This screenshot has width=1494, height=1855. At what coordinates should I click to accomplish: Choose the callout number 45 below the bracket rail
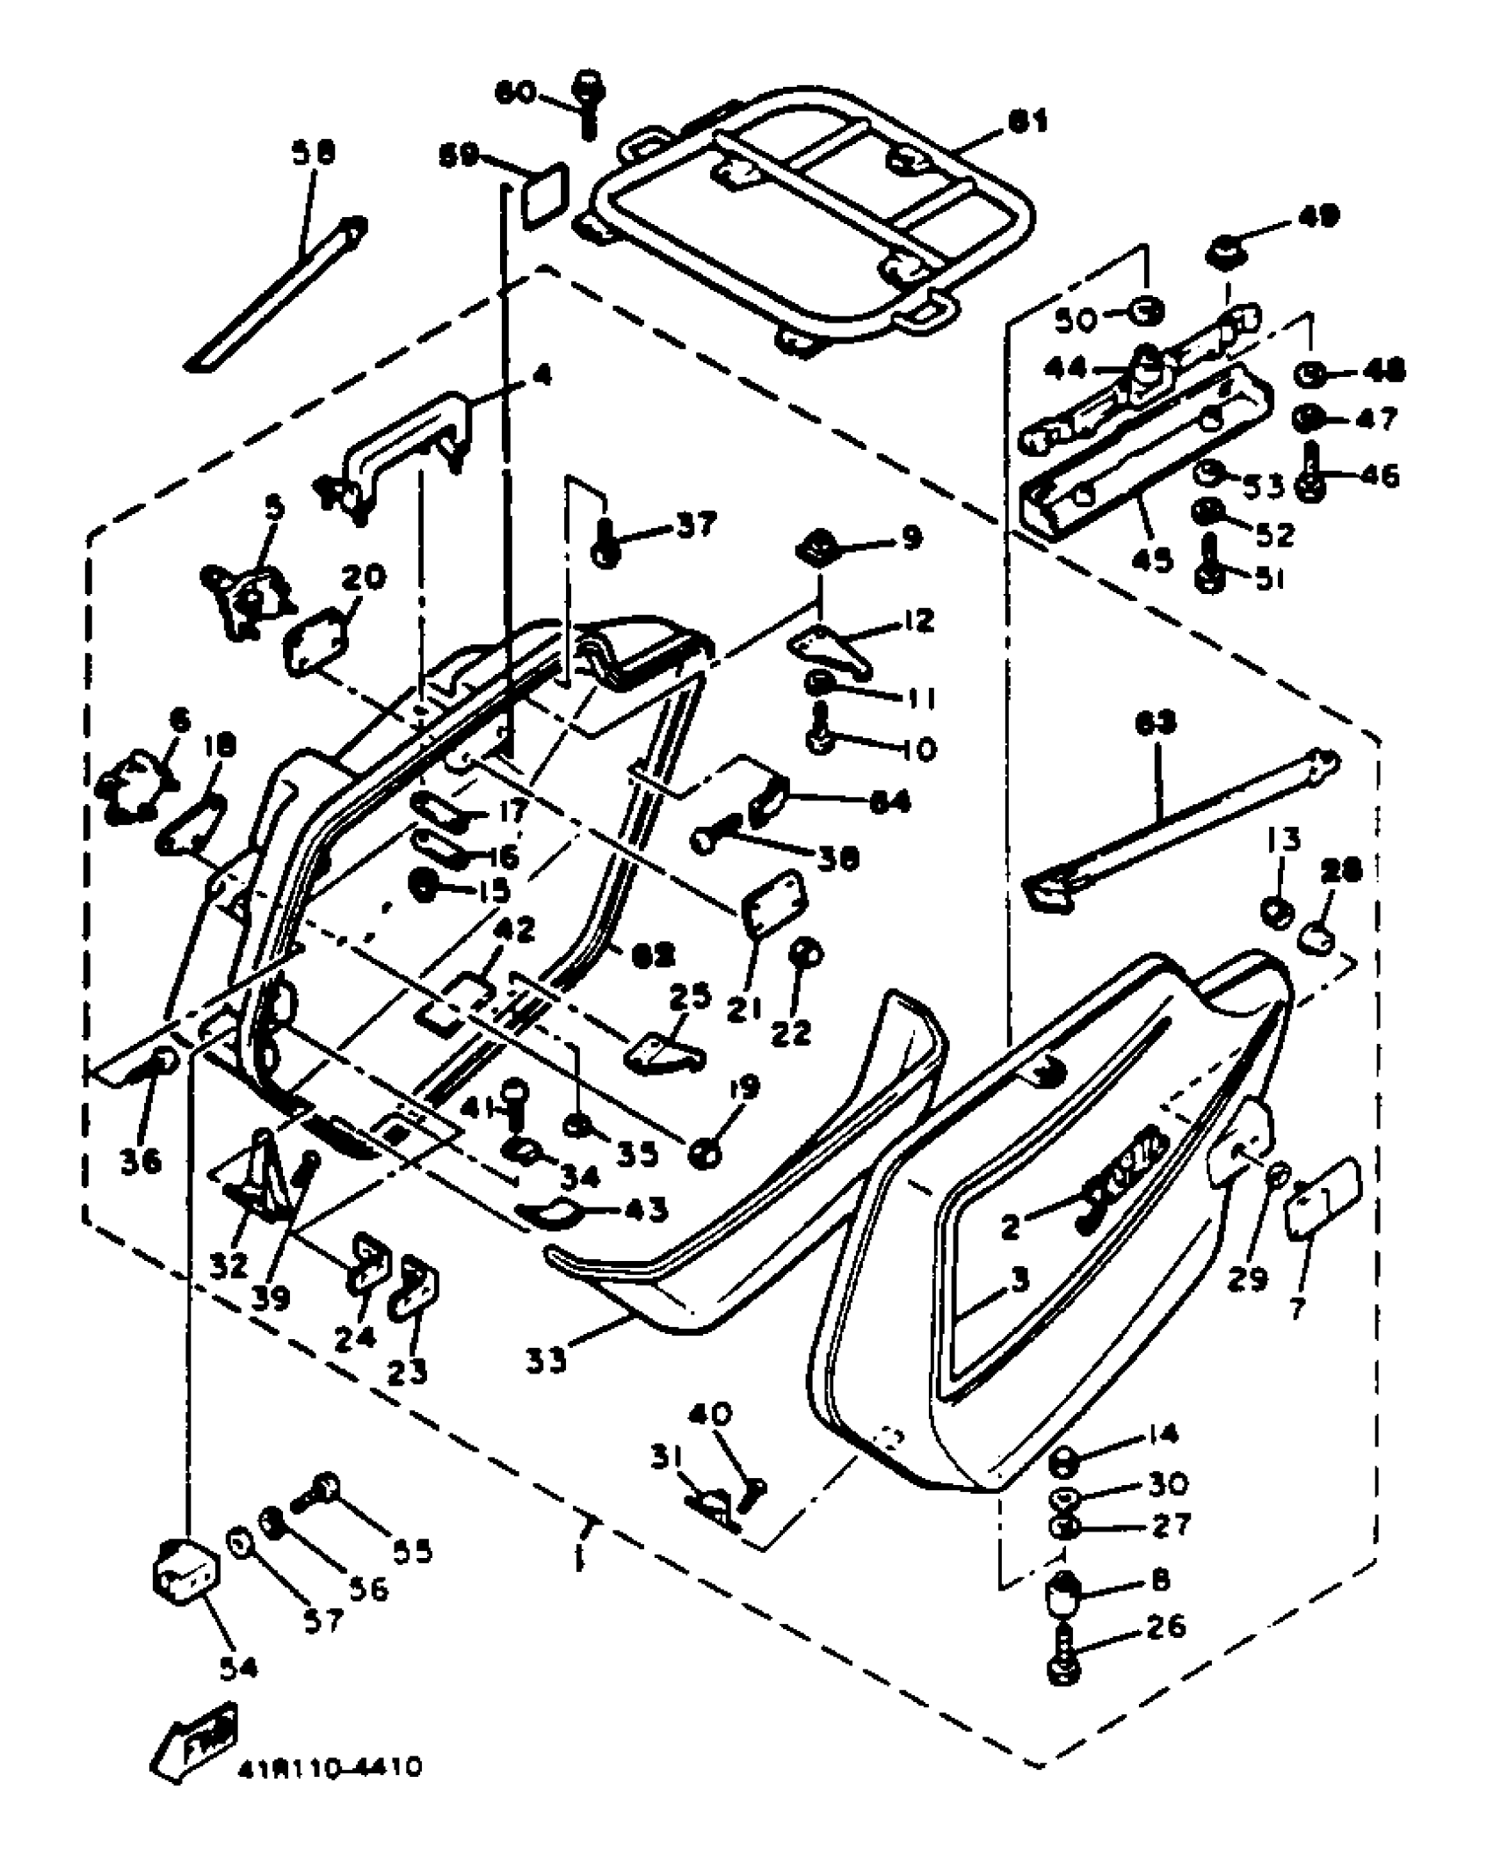click(x=1152, y=560)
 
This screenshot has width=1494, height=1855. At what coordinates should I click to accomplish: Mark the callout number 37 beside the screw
click(x=695, y=525)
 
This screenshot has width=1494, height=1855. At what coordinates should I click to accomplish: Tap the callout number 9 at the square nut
click(x=909, y=538)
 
